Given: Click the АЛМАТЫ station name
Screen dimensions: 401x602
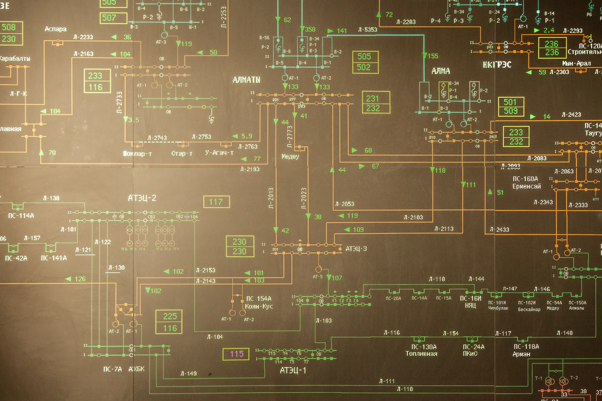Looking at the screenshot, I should click(246, 80).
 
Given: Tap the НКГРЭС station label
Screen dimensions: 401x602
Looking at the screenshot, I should click(497, 65).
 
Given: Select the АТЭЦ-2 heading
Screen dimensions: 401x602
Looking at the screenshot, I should click(142, 198).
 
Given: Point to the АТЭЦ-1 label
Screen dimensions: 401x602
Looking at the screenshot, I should click(293, 370).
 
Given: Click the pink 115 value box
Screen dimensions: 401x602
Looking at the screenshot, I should click(236, 354).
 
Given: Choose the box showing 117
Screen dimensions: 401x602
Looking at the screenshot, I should click(216, 202).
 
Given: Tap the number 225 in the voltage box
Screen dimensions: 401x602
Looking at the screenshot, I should click(170, 316).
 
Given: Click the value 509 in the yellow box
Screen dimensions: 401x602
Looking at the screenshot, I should click(511, 111).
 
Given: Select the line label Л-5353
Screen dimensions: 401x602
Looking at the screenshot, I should click(367, 30).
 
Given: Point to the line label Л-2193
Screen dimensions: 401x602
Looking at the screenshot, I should click(250, 169).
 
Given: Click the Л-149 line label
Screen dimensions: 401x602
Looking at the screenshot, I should click(188, 373).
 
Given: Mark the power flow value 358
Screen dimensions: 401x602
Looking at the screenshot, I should click(310, 29).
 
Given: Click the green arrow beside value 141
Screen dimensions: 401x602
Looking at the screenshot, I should click(330, 31).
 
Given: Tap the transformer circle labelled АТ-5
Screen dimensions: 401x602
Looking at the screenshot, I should click(319, 269).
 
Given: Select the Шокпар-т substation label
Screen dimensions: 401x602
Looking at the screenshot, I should click(137, 153).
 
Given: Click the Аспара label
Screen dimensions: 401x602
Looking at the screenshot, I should click(56, 29).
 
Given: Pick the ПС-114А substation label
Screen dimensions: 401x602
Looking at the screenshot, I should click(21, 216).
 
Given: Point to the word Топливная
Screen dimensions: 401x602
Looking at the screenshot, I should click(421, 354).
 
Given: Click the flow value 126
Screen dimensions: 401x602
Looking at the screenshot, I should click(80, 279).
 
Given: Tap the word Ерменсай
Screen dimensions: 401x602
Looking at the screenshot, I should click(526, 186).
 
